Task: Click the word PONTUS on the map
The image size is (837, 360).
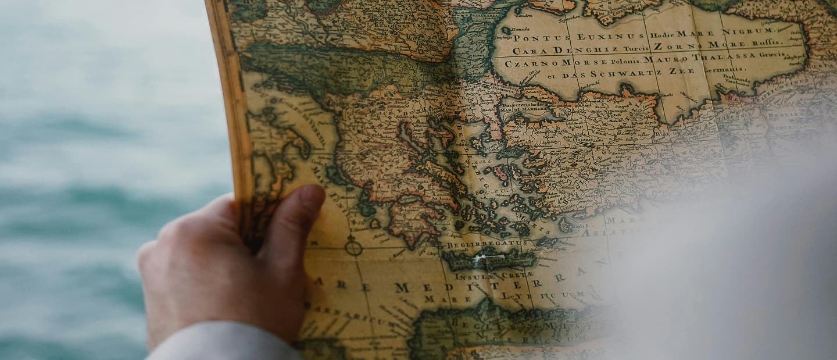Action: (x=534, y=37)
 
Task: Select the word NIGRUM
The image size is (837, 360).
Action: (x=753, y=30)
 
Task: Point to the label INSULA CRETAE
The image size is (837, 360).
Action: (x=494, y=276)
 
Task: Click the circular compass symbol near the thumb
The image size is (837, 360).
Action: (x=353, y=246)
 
